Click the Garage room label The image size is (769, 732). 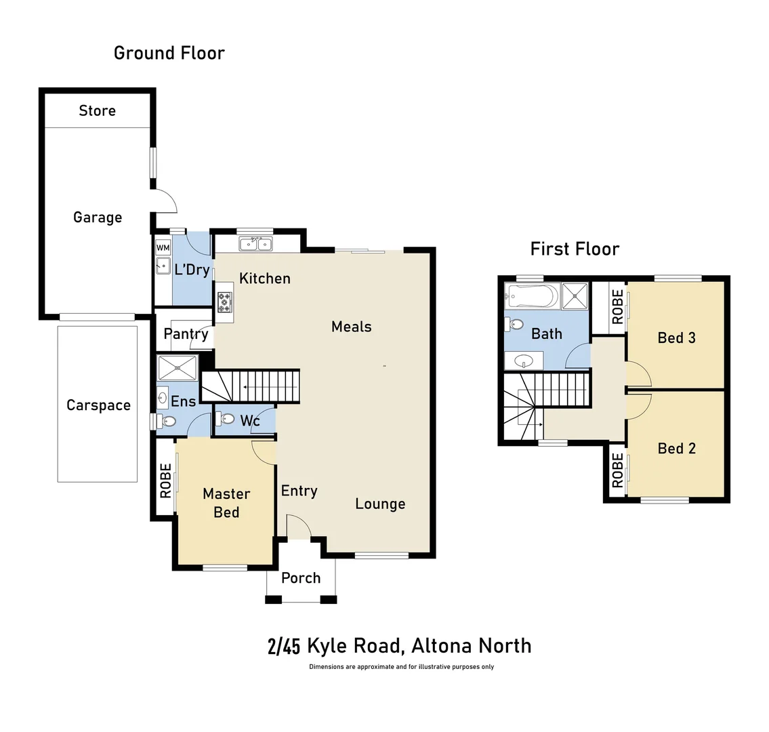(x=98, y=218)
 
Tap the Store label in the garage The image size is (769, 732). (x=97, y=110)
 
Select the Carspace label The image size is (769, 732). (x=98, y=405)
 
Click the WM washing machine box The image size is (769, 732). (x=163, y=248)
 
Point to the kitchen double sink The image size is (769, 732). (x=255, y=244)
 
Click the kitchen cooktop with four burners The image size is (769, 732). (x=224, y=302)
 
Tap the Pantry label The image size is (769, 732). (x=186, y=334)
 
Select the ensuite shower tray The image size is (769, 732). (x=178, y=369)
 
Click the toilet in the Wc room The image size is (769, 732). (x=226, y=420)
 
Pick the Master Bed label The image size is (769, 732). (x=226, y=502)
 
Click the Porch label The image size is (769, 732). (x=301, y=578)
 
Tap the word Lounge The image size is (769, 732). (x=380, y=504)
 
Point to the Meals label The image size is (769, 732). (x=351, y=327)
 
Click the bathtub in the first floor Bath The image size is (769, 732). (x=532, y=296)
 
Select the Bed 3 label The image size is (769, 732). (x=676, y=338)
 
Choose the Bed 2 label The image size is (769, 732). (x=676, y=448)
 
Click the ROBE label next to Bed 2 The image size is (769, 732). (x=617, y=471)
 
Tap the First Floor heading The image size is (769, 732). (x=575, y=249)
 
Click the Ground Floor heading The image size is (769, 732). (x=169, y=53)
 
